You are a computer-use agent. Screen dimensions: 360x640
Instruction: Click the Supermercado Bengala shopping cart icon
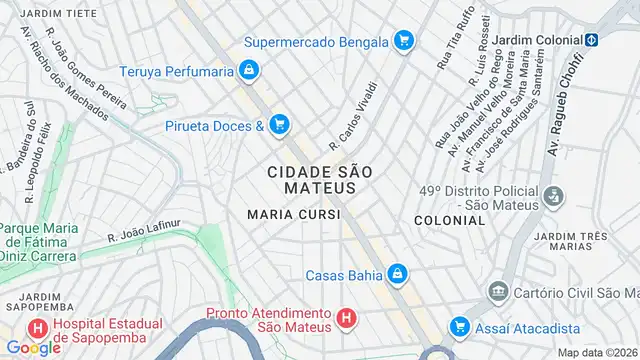[x=403, y=41]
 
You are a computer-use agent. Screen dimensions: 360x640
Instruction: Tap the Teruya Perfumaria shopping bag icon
[x=249, y=71]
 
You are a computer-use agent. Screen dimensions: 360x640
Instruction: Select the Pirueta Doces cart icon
[x=279, y=125]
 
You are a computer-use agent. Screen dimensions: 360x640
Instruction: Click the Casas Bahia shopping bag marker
[x=397, y=273]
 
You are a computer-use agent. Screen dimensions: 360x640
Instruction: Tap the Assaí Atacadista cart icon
[x=459, y=326]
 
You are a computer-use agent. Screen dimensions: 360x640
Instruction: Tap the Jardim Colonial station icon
[x=591, y=40]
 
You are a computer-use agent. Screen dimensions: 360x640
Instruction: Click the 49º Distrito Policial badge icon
[x=551, y=198]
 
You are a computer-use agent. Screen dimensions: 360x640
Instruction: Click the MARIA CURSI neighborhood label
[x=293, y=214]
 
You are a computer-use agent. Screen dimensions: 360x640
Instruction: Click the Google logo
[x=33, y=347]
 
